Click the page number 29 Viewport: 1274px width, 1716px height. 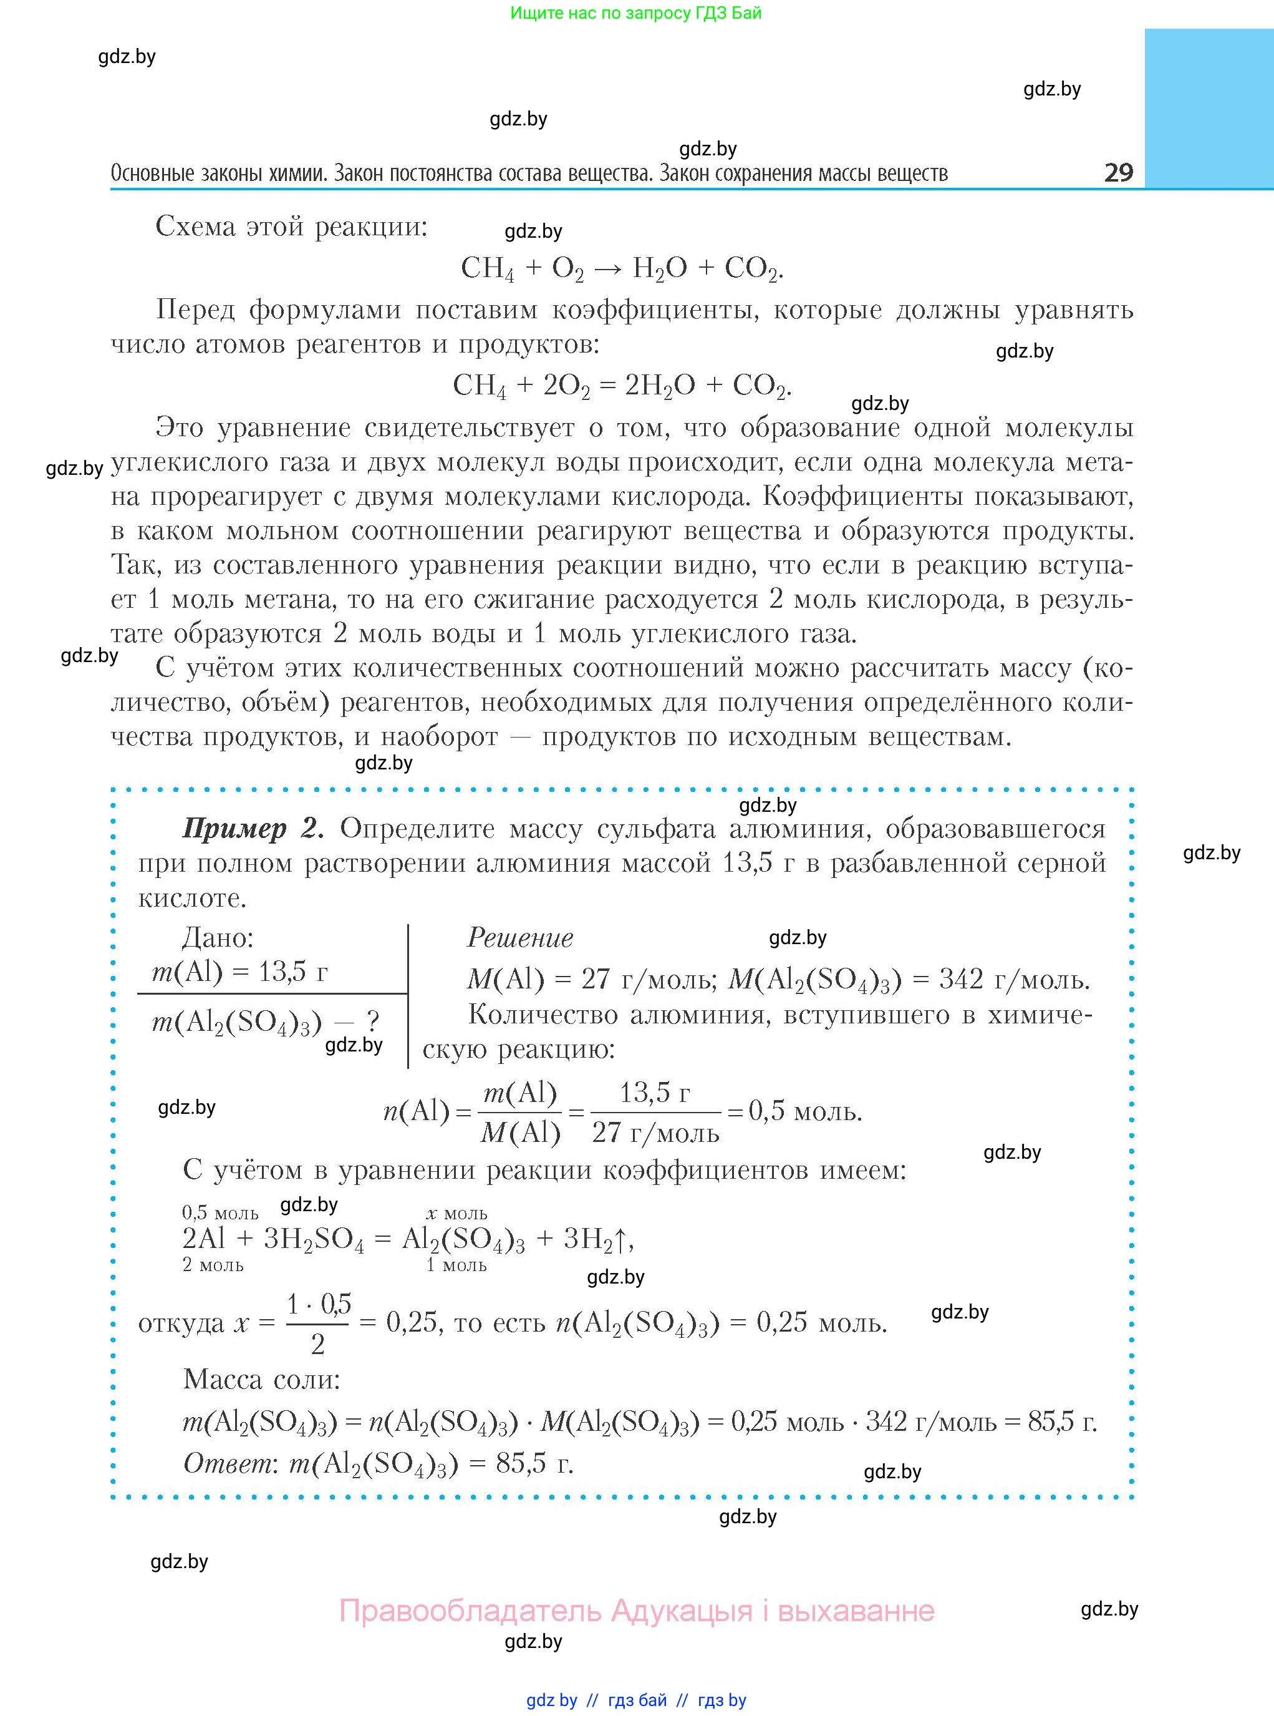point(1118,172)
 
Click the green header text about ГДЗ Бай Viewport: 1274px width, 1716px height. point(635,13)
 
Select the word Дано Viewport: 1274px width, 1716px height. point(218,938)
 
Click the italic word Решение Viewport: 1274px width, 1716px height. point(521,938)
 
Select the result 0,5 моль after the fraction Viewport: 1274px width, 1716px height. point(805,1111)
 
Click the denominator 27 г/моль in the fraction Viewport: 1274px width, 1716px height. point(655,1133)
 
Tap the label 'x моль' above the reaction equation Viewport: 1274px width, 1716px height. point(456,1214)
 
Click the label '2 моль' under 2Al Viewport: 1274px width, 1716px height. point(213,1265)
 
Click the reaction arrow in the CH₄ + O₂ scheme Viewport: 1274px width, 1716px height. point(609,268)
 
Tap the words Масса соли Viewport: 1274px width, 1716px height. point(261,1379)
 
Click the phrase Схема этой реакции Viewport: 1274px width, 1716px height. point(291,227)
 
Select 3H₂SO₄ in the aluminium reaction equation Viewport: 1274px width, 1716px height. point(313,1239)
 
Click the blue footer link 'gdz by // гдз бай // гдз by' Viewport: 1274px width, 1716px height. point(636,1700)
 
